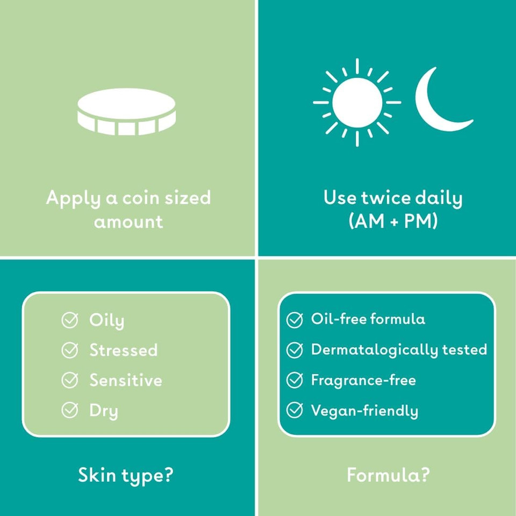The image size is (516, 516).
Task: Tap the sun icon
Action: pyautogui.click(x=357, y=102)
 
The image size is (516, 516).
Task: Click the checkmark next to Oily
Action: pyautogui.click(x=70, y=321)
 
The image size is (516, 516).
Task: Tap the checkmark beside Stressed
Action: pyautogui.click(x=70, y=351)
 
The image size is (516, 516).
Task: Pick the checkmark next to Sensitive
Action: pyautogui.click(x=70, y=381)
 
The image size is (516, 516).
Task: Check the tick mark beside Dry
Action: pyautogui.click(x=70, y=411)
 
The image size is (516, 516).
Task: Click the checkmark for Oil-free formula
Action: pyautogui.click(x=295, y=320)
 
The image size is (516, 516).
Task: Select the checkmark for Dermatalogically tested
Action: pyautogui.click(x=295, y=350)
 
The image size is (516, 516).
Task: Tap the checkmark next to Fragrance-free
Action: pyautogui.click(x=295, y=381)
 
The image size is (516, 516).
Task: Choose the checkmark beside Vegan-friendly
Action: pyautogui.click(x=295, y=411)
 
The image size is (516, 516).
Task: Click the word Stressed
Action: pyautogui.click(x=124, y=350)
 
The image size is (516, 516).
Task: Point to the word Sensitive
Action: pyautogui.click(x=126, y=381)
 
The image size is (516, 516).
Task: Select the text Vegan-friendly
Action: pyautogui.click(x=364, y=411)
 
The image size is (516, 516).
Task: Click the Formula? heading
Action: pyautogui.click(x=388, y=475)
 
